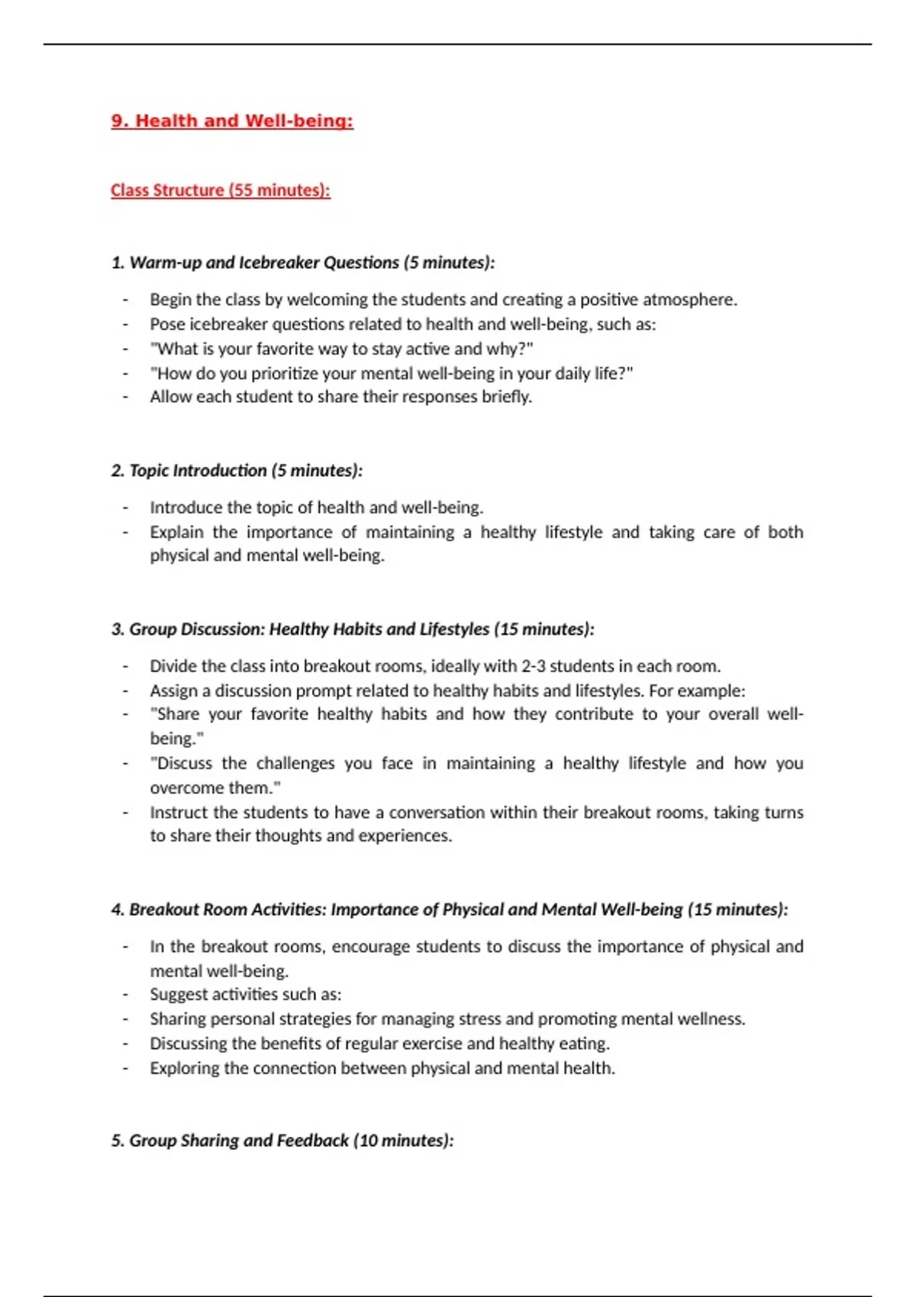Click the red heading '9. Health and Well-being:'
232,121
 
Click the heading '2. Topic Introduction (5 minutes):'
237,471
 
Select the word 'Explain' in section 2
176,532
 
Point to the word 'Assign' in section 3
174,690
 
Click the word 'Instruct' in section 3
178,813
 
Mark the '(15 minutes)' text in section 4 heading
737,909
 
